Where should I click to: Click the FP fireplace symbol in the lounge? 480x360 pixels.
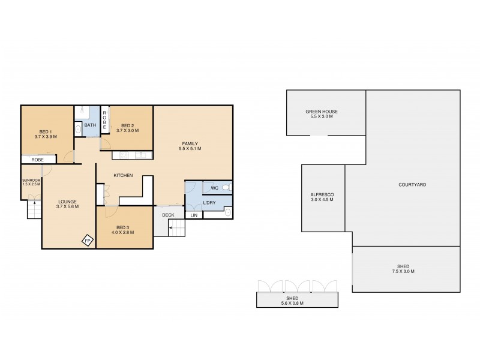click(x=88, y=241)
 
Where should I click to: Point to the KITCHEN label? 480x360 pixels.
click(x=123, y=175)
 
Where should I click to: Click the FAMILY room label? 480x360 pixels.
click(x=191, y=143)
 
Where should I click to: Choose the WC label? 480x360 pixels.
click(x=214, y=188)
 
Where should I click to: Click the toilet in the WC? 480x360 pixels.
click(x=226, y=188)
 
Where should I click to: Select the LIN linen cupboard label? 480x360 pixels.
click(x=194, y=215)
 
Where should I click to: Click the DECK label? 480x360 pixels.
click(x=167, y=215)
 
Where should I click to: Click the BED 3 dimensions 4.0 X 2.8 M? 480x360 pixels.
click(x=122, y=233)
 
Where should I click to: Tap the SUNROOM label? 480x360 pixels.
click(x=31, y=179)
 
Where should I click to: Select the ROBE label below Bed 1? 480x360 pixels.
click(x=37, y=160)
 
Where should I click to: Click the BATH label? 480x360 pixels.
click(x=90, y=125)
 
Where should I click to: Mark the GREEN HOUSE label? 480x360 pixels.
click(x=322, y=111)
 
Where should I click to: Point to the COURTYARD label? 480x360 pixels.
click(x=412, y=185)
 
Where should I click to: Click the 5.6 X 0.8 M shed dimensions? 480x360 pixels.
click(x=298, y=302)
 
